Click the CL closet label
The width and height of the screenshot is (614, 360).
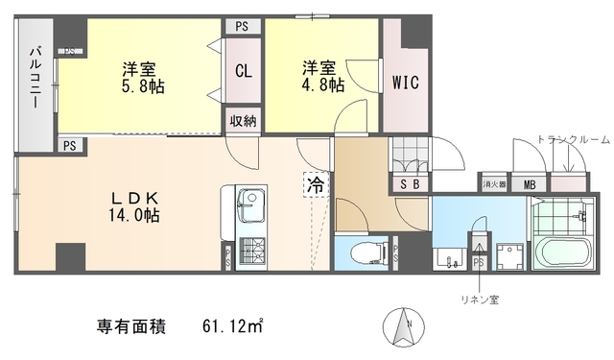[243, 70]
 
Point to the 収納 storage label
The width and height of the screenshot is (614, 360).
[243, 120]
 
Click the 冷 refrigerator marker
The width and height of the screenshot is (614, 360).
[315, 185]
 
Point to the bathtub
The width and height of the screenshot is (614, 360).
[563, 255]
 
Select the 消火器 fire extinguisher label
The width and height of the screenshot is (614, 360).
[493, 183]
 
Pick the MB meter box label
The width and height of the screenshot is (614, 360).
[530, 183]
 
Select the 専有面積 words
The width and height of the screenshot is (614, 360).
[131, 327]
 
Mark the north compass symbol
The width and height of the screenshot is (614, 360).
[400, 329]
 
